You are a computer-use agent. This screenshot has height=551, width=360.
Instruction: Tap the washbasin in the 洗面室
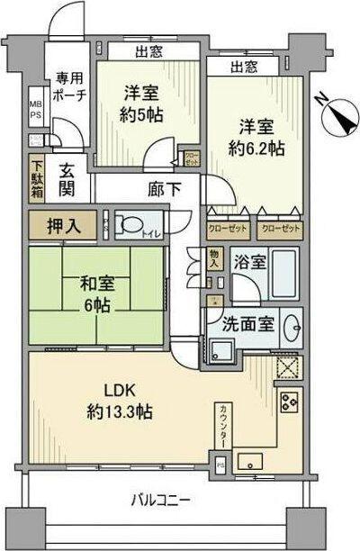coord(292,327)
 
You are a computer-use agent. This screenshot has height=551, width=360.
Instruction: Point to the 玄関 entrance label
coord(67,179)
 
